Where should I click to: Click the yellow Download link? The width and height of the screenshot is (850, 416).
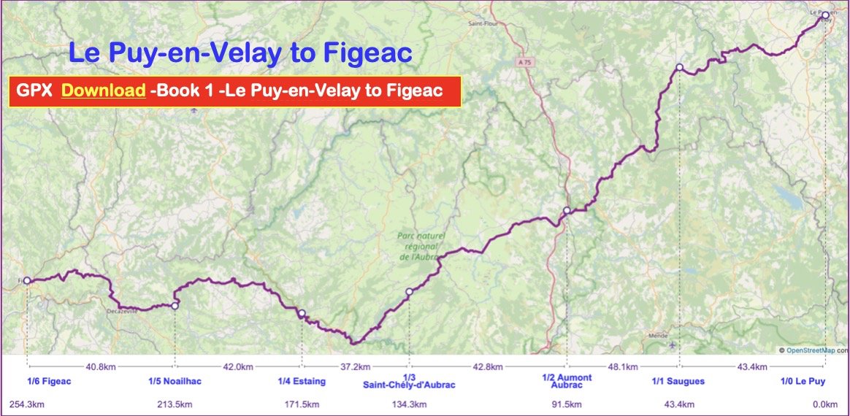coord(103,90)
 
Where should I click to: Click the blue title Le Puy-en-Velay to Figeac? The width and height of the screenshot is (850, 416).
coord(240,53)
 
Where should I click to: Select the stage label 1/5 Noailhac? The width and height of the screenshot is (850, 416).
coord(175,381)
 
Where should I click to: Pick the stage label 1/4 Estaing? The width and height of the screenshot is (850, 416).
coord(302,381)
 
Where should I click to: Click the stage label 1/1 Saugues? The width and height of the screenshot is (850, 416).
coord(678,381)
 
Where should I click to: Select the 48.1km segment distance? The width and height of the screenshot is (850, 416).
coord(623,366)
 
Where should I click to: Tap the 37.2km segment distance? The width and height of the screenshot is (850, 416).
coord(356,366)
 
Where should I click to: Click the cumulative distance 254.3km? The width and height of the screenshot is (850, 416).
coord(26,404)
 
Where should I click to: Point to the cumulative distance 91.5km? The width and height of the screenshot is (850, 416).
coord(567,404)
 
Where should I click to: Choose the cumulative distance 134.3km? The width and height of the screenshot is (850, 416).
coord(410,404)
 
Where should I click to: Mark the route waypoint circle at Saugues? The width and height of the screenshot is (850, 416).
coord(679,67)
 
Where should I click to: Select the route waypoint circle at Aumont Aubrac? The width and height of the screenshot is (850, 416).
coord(567,211)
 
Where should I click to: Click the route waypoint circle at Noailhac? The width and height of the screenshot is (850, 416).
coord(175,306)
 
